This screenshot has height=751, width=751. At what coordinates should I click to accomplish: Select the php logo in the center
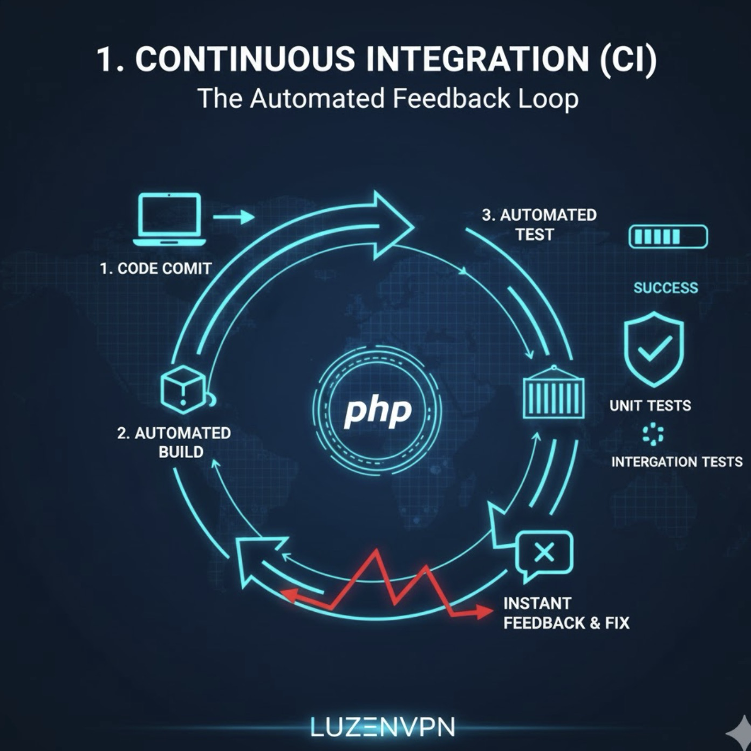(x=378, y=411)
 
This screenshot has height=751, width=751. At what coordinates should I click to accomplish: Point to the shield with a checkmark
(x=654, y=349)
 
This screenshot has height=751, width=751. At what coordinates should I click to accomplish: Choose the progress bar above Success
(x=668, y=237)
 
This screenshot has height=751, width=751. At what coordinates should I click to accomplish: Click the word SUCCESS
(x=666, y=288)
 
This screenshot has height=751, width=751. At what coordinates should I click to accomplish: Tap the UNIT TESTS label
(x=650, y=406)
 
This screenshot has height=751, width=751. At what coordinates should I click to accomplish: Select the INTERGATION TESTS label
(x=677, y=462)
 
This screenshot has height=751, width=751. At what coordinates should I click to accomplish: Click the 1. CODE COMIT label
(x=155, y=268)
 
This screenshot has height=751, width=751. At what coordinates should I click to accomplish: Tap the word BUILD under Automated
(x=181, y=452)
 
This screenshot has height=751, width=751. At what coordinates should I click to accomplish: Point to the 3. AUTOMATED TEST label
(x=538, y=224)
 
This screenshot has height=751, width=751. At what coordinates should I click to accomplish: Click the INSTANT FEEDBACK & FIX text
(x=566, y=613)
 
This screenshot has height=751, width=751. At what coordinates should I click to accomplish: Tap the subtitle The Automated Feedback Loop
(x=388, y=99)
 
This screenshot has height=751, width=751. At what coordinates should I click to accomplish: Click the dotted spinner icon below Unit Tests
(x=653, y=434)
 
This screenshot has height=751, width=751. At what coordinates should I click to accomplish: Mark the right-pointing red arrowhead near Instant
(x=483, y=611)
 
